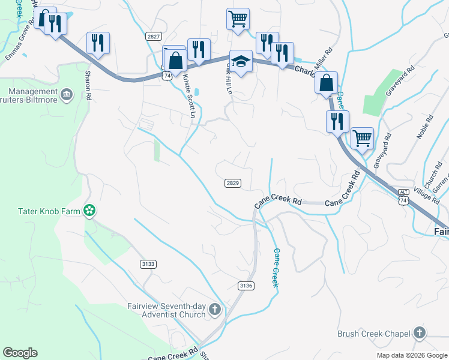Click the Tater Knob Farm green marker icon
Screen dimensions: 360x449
click(x=89, y=210)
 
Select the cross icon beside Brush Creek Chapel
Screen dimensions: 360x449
click(x=419, y=333)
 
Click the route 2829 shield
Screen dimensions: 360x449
click(x=234, y=182)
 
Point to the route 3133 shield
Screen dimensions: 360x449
click(x=148, y=264)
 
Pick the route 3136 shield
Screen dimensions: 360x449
click(x=245, y=285)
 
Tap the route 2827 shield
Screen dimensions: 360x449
click(x=153, y=37)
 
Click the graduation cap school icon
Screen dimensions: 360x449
click(x=241, y=62)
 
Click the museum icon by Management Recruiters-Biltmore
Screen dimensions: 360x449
click(x=67, y=94)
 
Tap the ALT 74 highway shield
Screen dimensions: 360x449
click(x=403, y=200)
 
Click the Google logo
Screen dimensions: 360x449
click(x=20, y=353)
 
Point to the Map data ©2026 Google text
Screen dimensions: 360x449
click(x=411, y=355)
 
